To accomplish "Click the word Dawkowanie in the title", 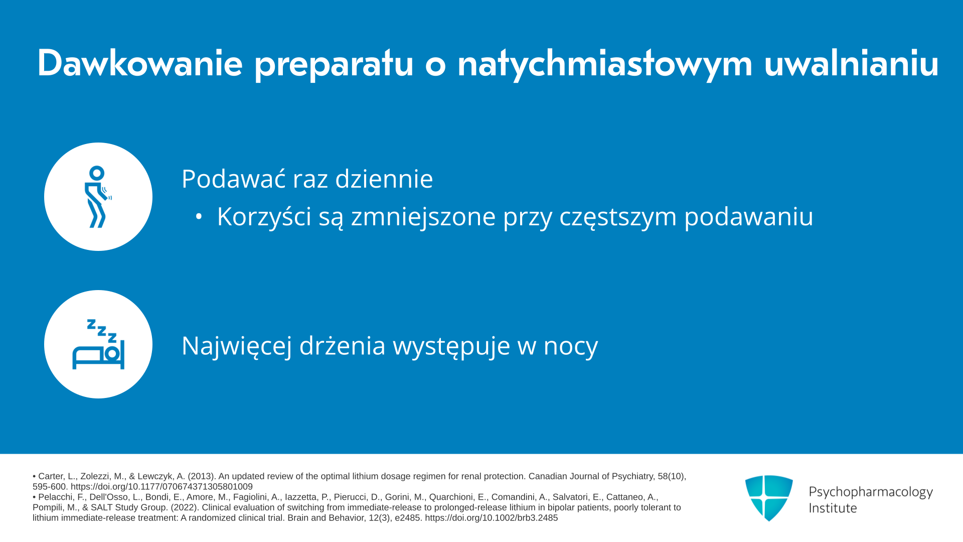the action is coord(140,63).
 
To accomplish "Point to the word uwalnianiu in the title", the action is coord(852,63).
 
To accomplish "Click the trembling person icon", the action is coord(98,197).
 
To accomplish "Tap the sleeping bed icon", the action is coord(98,344).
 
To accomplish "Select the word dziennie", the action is coord(384,179).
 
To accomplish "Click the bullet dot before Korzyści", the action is coord(199,217).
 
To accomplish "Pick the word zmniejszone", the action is coord(423,217).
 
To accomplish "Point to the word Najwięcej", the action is coord(237,346).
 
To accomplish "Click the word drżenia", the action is coord(343,346).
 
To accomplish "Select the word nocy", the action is coord(571,347).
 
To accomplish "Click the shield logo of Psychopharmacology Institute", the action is coord(769,498).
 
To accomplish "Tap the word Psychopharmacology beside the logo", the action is coord(871,492).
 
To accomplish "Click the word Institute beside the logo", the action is coord(833,508).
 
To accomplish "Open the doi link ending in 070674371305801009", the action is coord(162,487).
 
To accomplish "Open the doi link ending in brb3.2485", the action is coord(491,518).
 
